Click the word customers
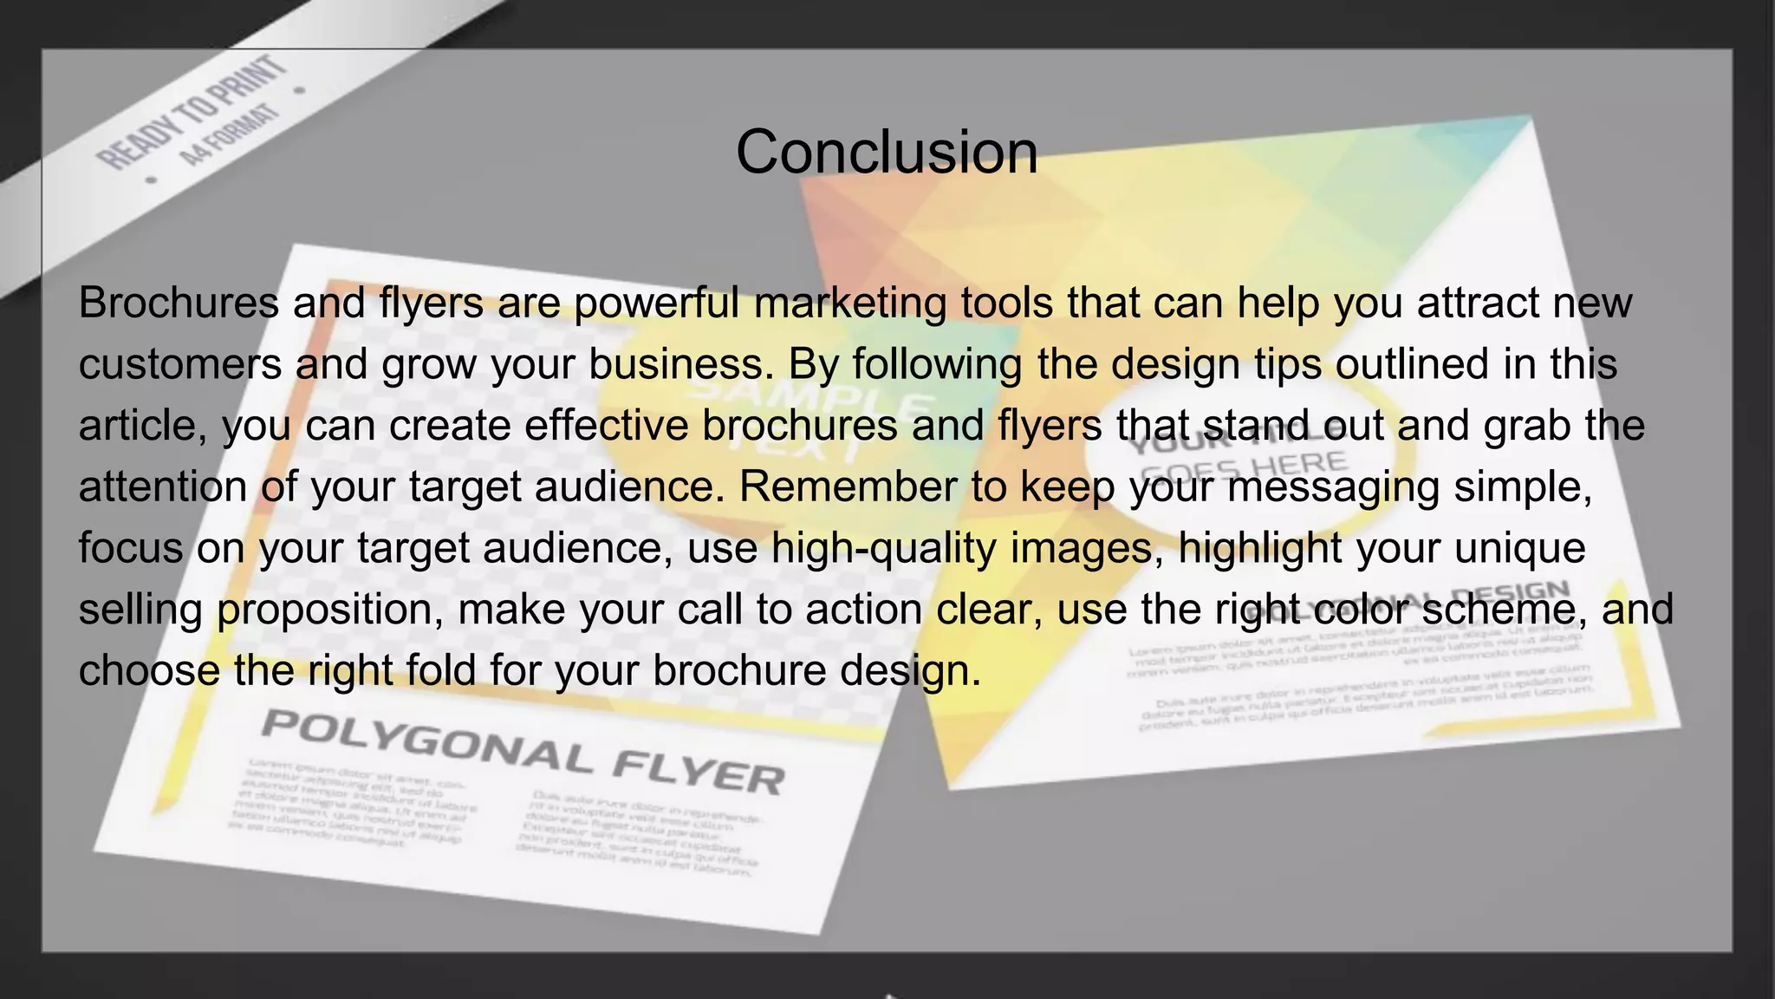(x=180, y=364)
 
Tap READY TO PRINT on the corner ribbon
(x=192, y=112)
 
